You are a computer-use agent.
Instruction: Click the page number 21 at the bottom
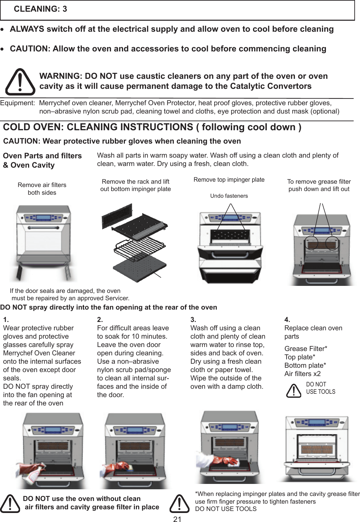(177, 519)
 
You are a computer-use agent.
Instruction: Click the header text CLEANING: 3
(40, 9)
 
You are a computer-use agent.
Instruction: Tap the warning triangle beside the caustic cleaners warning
(20, 82)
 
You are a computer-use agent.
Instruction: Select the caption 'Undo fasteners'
(229, 196)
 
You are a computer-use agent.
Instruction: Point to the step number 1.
(6, 320)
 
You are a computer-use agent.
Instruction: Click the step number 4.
(287, 320)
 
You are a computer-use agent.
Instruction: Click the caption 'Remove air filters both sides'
(42, 189)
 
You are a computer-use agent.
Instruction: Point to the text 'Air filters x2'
(302, 374)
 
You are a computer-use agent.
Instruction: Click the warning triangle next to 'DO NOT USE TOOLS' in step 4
(294, 390)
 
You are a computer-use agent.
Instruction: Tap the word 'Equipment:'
(17, 103)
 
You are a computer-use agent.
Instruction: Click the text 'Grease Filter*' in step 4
(306, 349)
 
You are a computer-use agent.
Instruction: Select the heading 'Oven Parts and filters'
(42, 156)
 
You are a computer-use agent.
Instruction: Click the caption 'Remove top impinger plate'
(229, 180)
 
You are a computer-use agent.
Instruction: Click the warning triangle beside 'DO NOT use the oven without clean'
(10, 504)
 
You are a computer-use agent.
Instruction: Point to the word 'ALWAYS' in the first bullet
(27, 29)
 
